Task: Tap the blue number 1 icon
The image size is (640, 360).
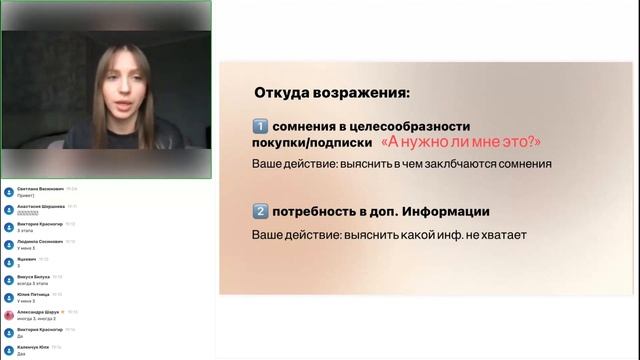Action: point(261,126)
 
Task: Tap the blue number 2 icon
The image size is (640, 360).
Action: point(261,211)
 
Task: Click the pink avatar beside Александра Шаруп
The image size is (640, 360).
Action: point(9,313)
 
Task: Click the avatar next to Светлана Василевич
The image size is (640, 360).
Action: point(9,190)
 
